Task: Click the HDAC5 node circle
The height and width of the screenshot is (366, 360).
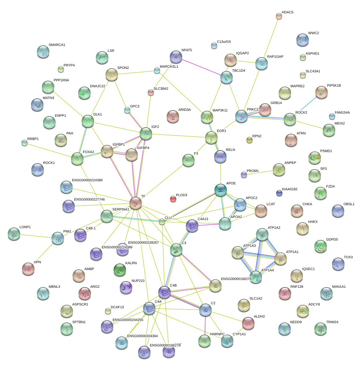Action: tap(279, 16)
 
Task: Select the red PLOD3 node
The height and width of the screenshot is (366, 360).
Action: tap(173, 199)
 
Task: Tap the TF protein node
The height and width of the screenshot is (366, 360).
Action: tap(136, 203)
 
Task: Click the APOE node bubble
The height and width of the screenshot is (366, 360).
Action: tap(221, 190)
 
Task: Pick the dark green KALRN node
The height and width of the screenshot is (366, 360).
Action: tap(120, 269)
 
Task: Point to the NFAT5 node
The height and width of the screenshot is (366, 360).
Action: tap(176, 56)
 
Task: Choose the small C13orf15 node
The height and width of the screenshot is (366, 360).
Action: tap(214, 46)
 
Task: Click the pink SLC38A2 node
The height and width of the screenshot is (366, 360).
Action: tap(151, 92)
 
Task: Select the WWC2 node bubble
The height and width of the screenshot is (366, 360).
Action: tap(302, 39)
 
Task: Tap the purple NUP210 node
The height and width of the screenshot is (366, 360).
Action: tap(126, 287)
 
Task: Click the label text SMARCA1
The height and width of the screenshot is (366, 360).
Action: tap(57, 45)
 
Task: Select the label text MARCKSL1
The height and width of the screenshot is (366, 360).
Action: tap(169, 67)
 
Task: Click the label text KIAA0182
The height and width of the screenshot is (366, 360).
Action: tap(290, 189)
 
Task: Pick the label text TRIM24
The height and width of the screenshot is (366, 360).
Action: tap(332, 322)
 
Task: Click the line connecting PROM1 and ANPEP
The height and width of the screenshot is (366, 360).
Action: tap(261, 172)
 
